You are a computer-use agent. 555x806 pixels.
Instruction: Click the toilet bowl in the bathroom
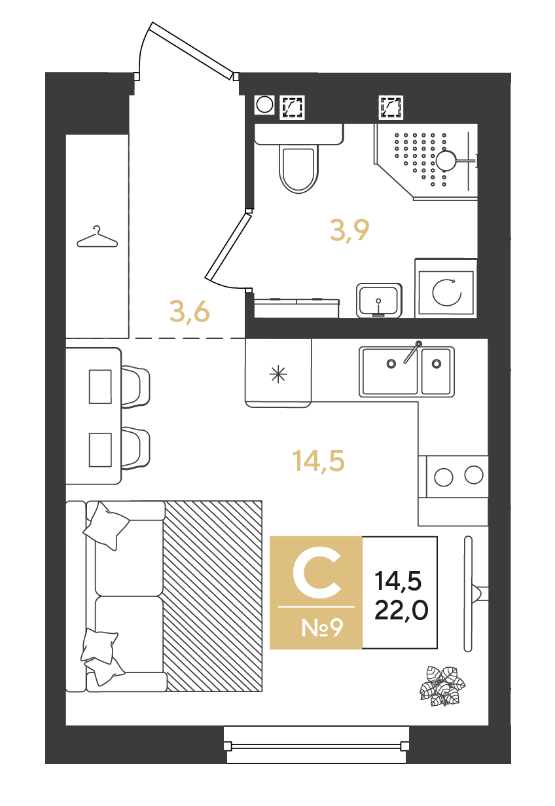coord(298,168)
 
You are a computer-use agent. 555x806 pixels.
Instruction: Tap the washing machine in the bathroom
coord(446,288)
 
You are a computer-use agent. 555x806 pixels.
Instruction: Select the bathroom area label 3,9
coord(349,231)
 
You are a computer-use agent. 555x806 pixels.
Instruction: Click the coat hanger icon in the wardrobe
coord(97,237)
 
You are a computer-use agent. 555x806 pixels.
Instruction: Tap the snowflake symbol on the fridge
coord(278,375)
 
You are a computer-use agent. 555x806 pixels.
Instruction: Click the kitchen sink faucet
coord(412,352)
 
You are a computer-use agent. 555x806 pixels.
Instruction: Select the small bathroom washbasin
coord(379,301)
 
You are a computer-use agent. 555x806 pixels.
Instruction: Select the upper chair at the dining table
coord(135,387)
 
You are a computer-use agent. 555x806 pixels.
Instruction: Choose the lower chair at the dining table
coord(135,448)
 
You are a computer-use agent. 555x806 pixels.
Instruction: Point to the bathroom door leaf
coord(227,247)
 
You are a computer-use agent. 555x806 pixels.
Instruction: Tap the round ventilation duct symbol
coord(264,105)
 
